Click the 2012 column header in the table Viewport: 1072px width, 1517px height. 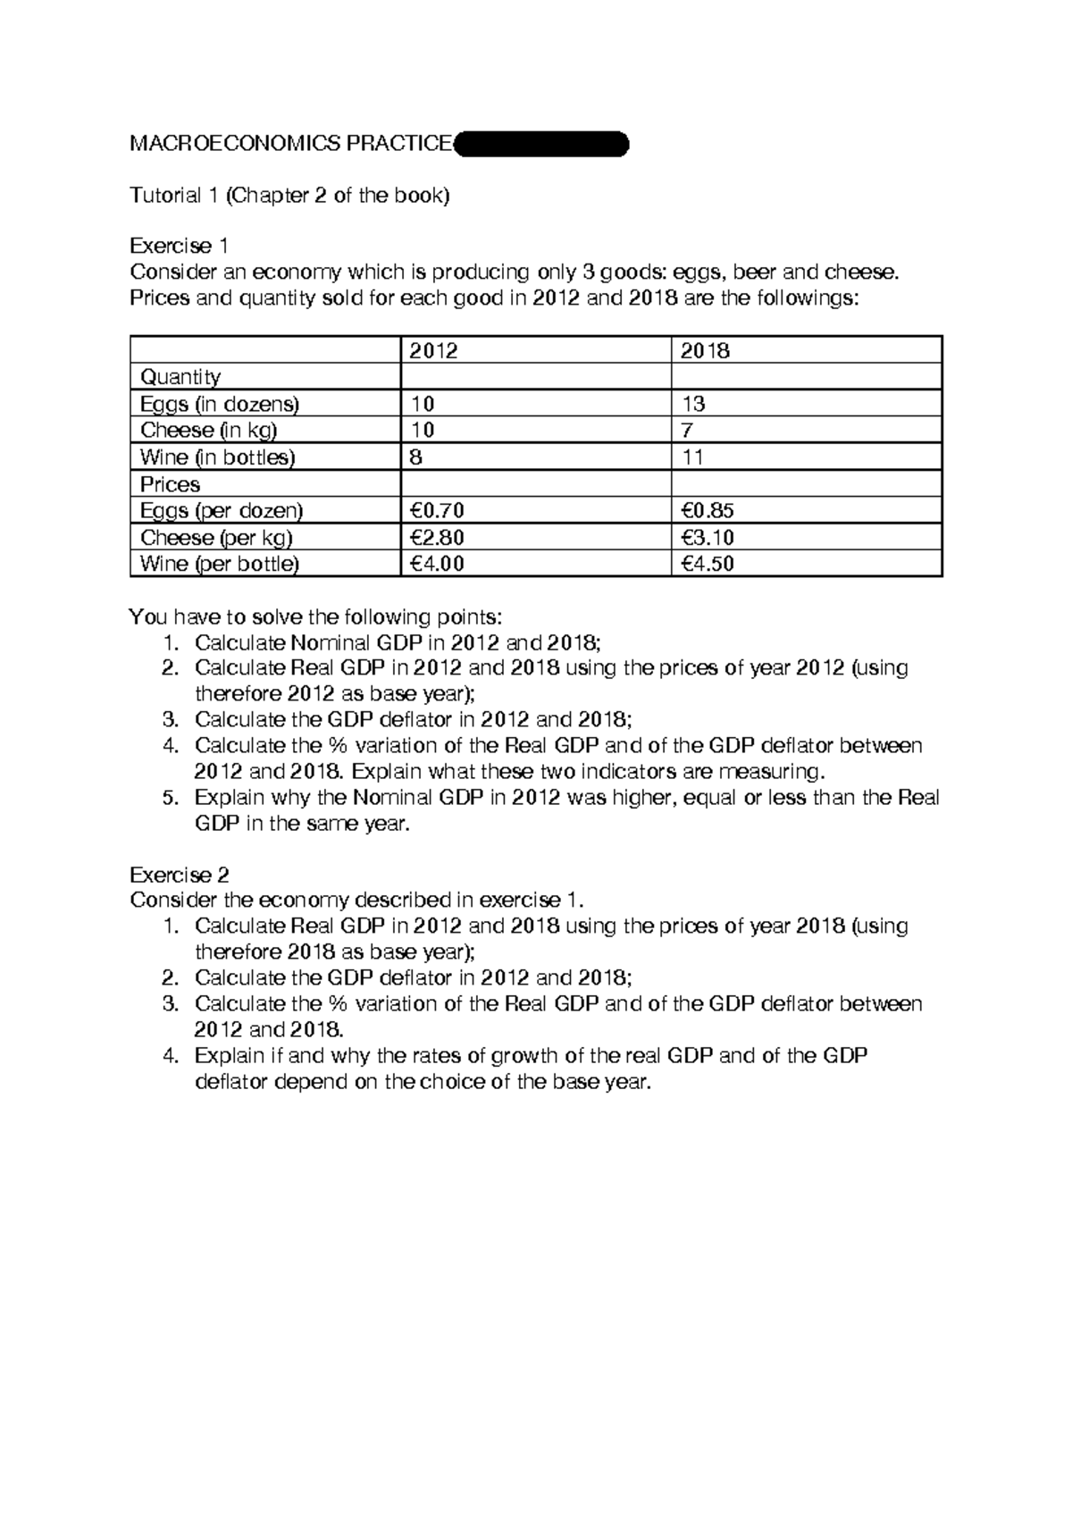(434, 351)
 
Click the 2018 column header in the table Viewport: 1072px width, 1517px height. (705, 351)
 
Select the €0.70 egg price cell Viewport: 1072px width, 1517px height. (437, 511)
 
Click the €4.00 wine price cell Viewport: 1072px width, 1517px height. (437, 564)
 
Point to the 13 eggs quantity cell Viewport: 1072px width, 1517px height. (693, 404)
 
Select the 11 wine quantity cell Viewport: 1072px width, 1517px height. (692, 457)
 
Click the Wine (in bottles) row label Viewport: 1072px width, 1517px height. (218, 457)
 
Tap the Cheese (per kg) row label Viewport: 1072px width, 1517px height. (217, 538)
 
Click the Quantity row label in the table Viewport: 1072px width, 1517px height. (180, 377)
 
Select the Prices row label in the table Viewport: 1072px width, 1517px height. (171, 484)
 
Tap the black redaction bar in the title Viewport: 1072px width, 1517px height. (541, 144)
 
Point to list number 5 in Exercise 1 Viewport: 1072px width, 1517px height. (172, 798)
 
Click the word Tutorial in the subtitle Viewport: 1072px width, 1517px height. (165, 196)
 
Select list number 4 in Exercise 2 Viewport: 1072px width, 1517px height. (172, 1056)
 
